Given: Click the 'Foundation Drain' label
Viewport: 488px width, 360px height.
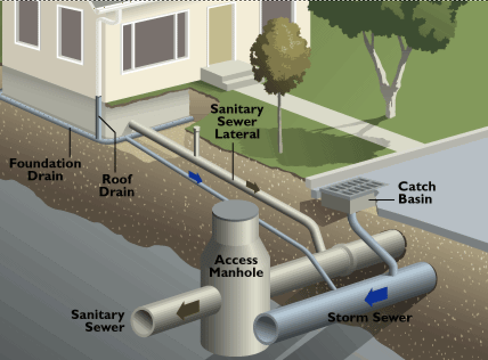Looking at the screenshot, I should tap(45, 169).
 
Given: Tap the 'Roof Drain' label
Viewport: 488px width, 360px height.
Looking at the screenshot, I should tap(117, 185).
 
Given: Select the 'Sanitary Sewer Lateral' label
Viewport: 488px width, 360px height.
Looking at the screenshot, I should tap(237, 121).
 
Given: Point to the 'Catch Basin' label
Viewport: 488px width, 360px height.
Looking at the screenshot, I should tap(416, 192).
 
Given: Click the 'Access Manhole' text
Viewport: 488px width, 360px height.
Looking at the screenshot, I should tap(236, 266).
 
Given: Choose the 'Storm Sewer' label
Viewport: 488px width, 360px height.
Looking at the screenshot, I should tap(369, 317).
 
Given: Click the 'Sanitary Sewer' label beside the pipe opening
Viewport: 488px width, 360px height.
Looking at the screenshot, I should tap(97, 321).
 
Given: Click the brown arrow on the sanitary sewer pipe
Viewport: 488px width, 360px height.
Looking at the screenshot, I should tap(188, 309).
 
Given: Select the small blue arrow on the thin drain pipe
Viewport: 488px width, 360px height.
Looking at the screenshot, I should tap(195, 177).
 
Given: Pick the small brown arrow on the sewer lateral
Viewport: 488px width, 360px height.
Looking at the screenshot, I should tap(252, 186).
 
